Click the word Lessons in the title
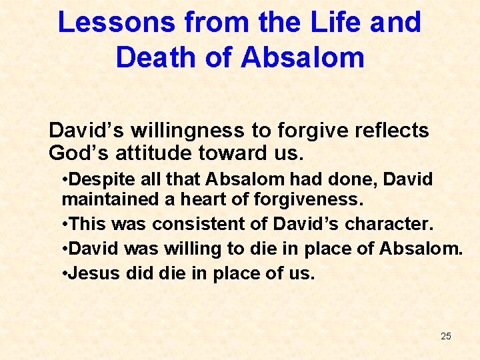tap(116, 22)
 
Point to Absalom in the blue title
tap(303, 57)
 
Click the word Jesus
tap(91, 273)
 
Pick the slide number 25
tap(446, 336)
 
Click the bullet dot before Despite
tap(64, 180)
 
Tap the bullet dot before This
tap(64, 224)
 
